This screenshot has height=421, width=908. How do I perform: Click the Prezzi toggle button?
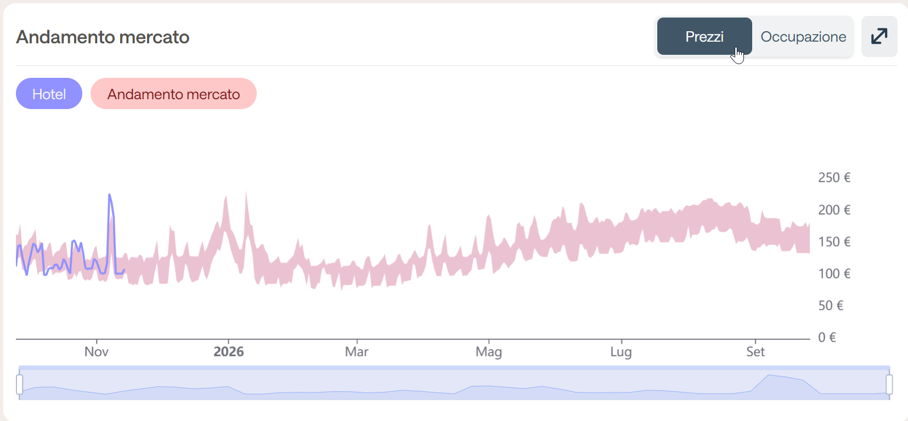[x=704, y=37]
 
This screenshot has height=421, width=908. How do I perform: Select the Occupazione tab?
[x=803, y=37]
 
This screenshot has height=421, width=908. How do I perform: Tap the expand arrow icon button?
[x=879, y=37]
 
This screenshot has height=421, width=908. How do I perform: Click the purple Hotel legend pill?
[x=49, y=94]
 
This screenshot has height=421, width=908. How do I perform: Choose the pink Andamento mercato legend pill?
[x=173, y=94]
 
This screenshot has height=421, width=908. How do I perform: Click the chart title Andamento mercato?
[x=103, y=37]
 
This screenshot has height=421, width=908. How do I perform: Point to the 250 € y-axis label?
[x=833, y=178]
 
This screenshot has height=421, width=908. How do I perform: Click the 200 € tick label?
[x=833, y=210]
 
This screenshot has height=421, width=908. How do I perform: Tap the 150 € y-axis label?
[x=833, y=242]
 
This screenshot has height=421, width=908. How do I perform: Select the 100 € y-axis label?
[x=833, y=274]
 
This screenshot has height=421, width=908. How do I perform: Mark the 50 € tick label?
[x=830, y=305]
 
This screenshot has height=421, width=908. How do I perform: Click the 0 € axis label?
[x=826, y=337]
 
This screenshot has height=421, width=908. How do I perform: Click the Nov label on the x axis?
[x=97, y=352]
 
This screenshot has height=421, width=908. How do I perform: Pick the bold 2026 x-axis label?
[x=228, y=352]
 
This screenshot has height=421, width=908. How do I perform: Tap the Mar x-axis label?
[x=357, y=352]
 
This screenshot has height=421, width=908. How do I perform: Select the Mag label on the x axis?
[x=488, y=352]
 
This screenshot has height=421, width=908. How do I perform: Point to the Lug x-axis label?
[x=621, y=352]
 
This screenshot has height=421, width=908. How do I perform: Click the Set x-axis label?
[x=755, y=352]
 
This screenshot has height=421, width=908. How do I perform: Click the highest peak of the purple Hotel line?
[x=110, y=195]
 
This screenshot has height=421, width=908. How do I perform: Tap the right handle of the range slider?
[x=889, y=384]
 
